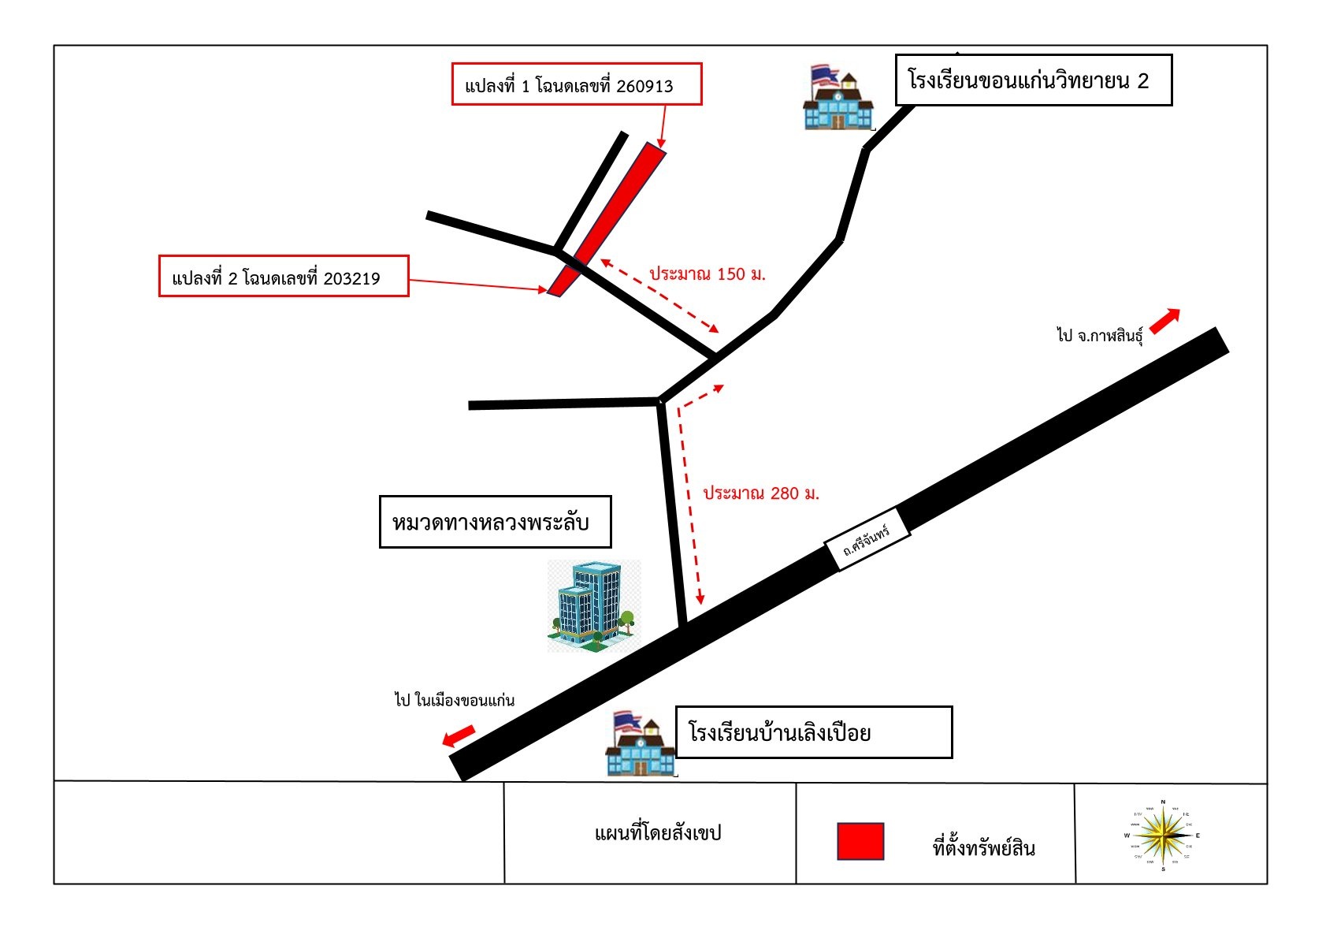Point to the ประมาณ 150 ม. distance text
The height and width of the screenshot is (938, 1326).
[708, 274]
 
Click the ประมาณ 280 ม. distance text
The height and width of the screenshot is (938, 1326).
[761, 493]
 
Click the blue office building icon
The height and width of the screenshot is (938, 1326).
[594, 606]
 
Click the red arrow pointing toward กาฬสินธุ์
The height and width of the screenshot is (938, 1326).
[1164, 322]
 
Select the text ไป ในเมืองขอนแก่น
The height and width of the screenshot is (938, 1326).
[455, 701]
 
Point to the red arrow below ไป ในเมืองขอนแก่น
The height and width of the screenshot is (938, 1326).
[459, 736]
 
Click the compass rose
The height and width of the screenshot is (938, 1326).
[1163, 836]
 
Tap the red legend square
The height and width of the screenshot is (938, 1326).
[860, 841]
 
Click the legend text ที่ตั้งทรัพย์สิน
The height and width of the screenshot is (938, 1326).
[984, 848]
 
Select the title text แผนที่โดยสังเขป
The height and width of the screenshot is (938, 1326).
[658, 833]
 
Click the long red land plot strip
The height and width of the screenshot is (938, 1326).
[607, 219]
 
